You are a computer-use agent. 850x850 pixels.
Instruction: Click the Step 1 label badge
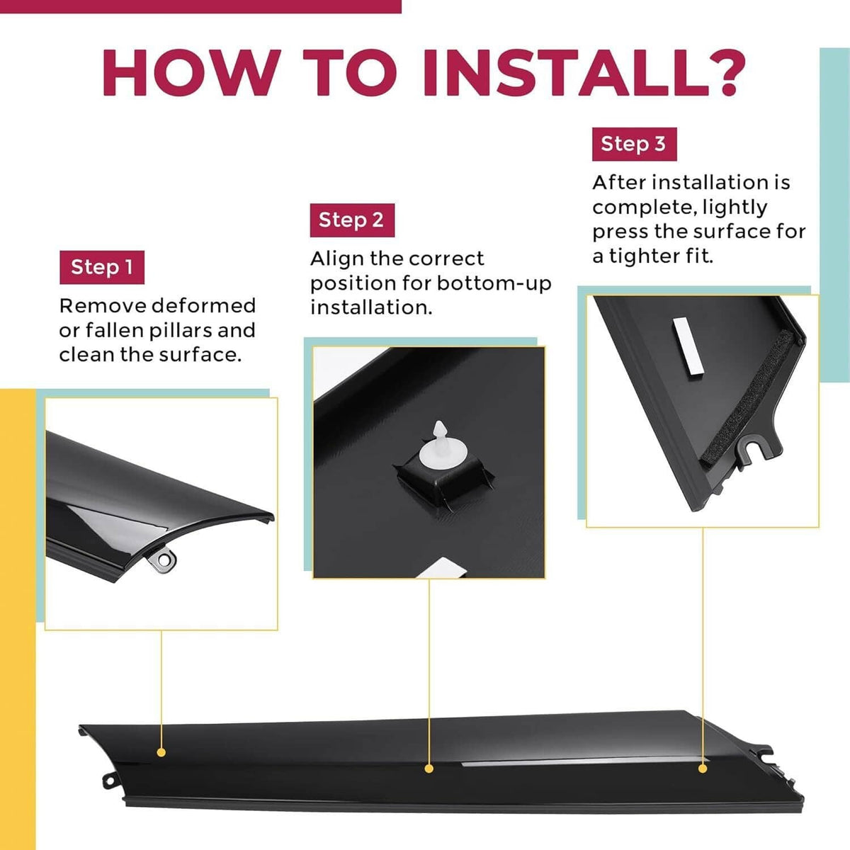(102, 267)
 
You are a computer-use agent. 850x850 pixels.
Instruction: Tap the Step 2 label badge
(352, 220)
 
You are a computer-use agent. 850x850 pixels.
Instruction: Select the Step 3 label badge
(634, 144)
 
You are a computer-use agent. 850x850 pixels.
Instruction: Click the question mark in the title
(722, 73)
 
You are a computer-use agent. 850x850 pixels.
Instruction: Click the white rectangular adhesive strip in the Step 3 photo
(688, 346)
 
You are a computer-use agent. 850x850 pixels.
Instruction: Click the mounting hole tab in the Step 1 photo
(163, 560)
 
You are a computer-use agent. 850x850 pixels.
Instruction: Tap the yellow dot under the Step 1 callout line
(161, 752)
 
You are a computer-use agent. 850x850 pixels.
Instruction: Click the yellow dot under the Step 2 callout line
(429, 769)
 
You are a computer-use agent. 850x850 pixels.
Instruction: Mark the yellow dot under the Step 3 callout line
(703, 769)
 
